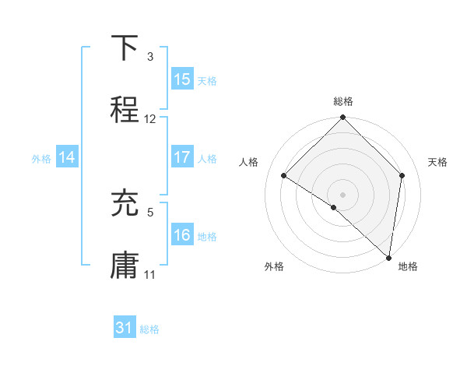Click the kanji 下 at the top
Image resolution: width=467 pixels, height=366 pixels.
[125, 48]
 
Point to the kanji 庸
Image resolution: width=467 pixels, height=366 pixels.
[125, 265]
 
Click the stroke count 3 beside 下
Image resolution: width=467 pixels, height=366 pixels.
[150, 57]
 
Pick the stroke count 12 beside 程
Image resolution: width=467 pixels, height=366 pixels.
[150, 119]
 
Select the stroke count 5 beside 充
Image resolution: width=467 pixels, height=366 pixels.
[150, 211]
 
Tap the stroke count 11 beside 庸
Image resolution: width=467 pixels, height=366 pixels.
[150, 274]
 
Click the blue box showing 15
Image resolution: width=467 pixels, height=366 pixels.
[182, 79]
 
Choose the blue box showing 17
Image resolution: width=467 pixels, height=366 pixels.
[182, 157]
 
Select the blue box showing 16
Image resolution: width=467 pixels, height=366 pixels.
[182, 235]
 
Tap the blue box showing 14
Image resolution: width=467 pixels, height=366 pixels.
[67, 157]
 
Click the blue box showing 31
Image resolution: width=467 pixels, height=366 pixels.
[125, 329]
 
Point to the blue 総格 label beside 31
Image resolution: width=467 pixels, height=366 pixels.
[149, 329]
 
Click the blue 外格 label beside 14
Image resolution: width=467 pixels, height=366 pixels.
[41, 158]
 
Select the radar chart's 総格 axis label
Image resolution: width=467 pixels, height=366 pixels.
[343, 101]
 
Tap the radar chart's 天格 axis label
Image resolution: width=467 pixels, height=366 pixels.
[437, 162]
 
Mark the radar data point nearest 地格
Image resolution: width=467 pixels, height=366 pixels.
[389, 258]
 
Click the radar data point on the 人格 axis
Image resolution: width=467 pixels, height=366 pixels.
[284, 176]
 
